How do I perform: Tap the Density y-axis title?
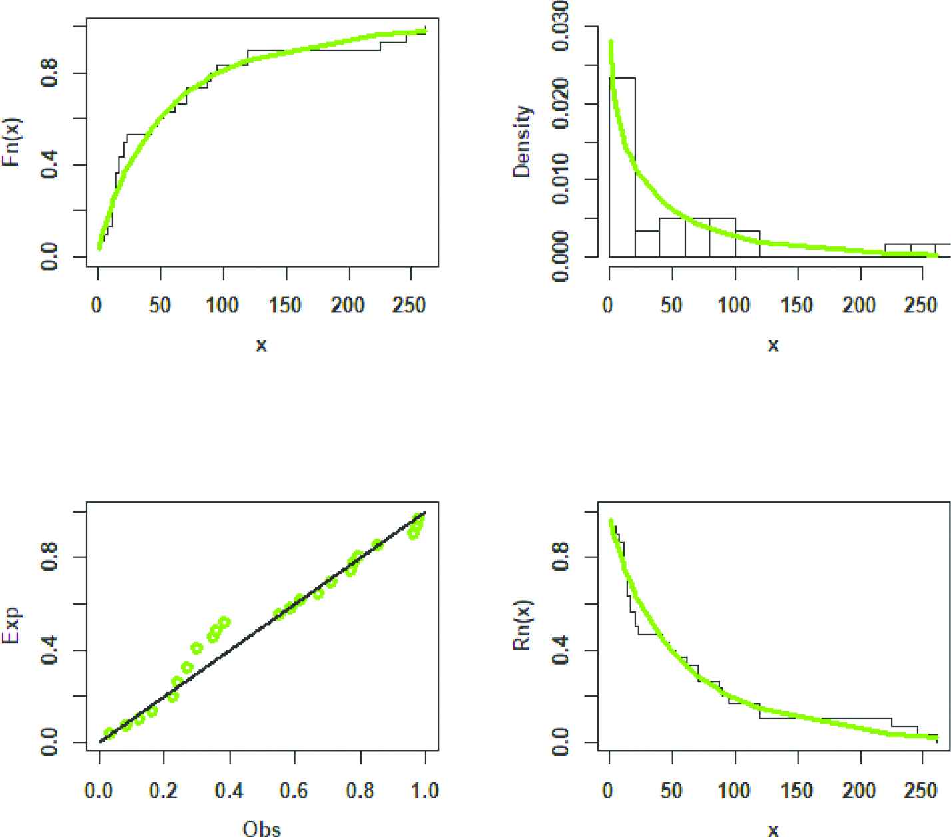pyautogui.click(x=523, y=141)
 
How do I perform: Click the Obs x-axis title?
pyautogui.click(x=262, y=828)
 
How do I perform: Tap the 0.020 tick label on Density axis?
pyautogui.click(x=561, y=103)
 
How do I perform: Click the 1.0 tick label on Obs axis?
pyautogui.click(x=425, y=791)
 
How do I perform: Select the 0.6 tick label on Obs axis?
pyautogui.click(x=294, y=791)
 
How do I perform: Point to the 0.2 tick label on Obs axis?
pyautogui.click(x=164, y=791)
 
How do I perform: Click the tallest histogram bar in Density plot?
pyautogui.click(x=622, y=166)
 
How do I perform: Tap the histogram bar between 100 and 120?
pyautogui.click(x=747, y=244)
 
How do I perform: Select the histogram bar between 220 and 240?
pyautogui.click(x=898, y=250)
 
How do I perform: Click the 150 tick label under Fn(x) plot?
pyautogui.click(x=286, y=305)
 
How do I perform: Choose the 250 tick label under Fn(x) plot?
pyautogui.click(x=410, y=305)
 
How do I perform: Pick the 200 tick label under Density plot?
pyautogui.click(x=860, y=305)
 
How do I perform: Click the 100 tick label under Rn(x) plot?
pyautogui.click(x=734, y=791)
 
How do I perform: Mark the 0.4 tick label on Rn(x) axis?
pyautogui.click(x=561, y=649)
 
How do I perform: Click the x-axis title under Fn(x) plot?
pyautogui.click(x=262, y=345)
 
